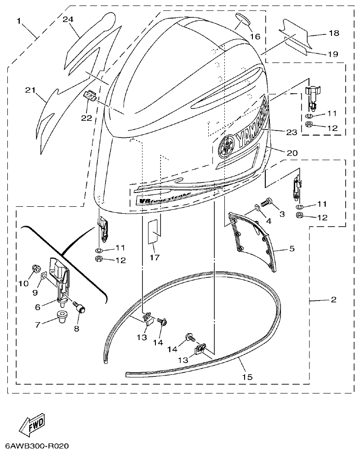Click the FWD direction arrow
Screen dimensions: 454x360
[32, 425]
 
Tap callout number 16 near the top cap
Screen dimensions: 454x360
[255, 36]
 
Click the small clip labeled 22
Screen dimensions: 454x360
[91, 96]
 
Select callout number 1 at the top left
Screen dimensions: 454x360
[19, 21]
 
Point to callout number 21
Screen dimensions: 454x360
[30, 90]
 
